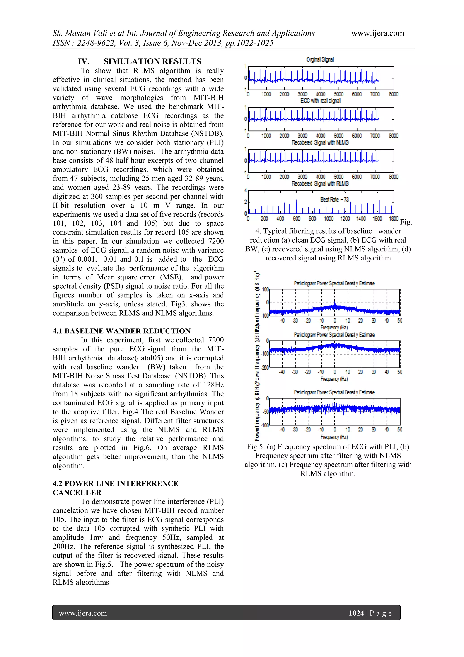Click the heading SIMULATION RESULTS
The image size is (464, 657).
(x=152, y=61)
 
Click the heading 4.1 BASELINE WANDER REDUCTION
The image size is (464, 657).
(x=121, y=331)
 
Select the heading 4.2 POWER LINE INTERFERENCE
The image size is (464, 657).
(x=115, y=484)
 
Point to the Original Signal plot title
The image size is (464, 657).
(x=320, y=59)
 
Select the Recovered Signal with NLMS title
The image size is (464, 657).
(x=320, y=142)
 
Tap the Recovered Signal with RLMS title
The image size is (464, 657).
(x=320, y=184)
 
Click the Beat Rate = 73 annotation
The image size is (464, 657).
(x=334, y=199)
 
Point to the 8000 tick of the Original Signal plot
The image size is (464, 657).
(x=394, y=94)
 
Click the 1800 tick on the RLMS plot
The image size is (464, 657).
(x=394, y=219)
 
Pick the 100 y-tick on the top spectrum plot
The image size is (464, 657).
(x=266, y=289)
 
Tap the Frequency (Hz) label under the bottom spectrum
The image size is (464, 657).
(x=334, y=437)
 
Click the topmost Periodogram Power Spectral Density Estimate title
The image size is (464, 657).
(x=334, y=283)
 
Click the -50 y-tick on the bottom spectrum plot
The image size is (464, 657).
(x=266, y=412)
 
